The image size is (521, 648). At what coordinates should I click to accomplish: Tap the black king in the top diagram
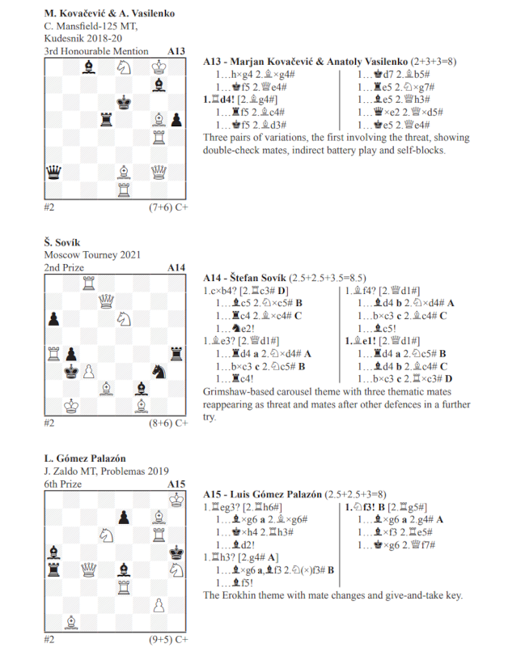coord(123,101)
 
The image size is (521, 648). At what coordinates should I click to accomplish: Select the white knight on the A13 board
coord(123,67)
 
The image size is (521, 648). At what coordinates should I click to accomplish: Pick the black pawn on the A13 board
coord(176,119)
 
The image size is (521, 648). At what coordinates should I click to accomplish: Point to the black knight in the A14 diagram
coord(159,371)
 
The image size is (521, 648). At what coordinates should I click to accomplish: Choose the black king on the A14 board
coord(71,372)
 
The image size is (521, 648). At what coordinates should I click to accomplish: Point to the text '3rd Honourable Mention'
coord(96,51)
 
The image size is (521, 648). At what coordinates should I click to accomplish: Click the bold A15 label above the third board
coord(176,484)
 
